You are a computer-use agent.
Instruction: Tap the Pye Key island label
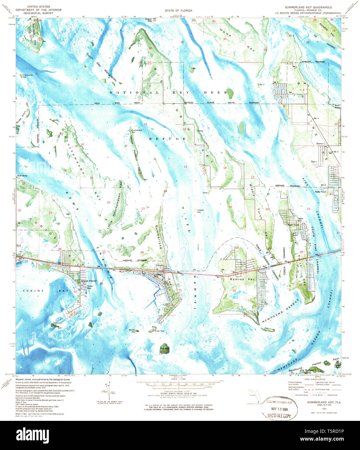click(x=164, y=348)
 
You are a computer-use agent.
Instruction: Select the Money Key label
click(x=132, y=331)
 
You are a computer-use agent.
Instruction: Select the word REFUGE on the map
click(x=167, y=139)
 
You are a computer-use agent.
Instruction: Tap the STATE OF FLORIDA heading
click(x=178, y=11)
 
